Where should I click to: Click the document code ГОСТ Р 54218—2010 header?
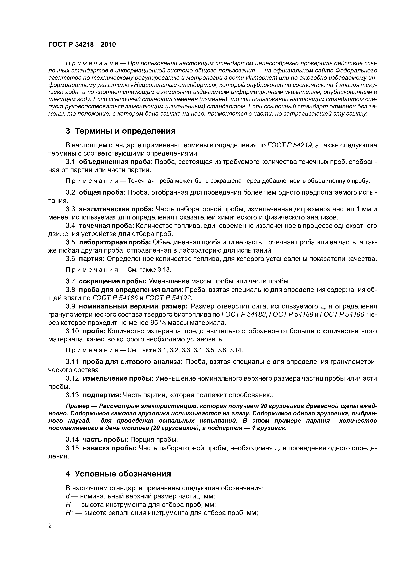tap(82, 45)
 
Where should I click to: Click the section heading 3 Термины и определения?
tap(121, 131)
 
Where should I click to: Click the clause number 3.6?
tap(70, 259)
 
